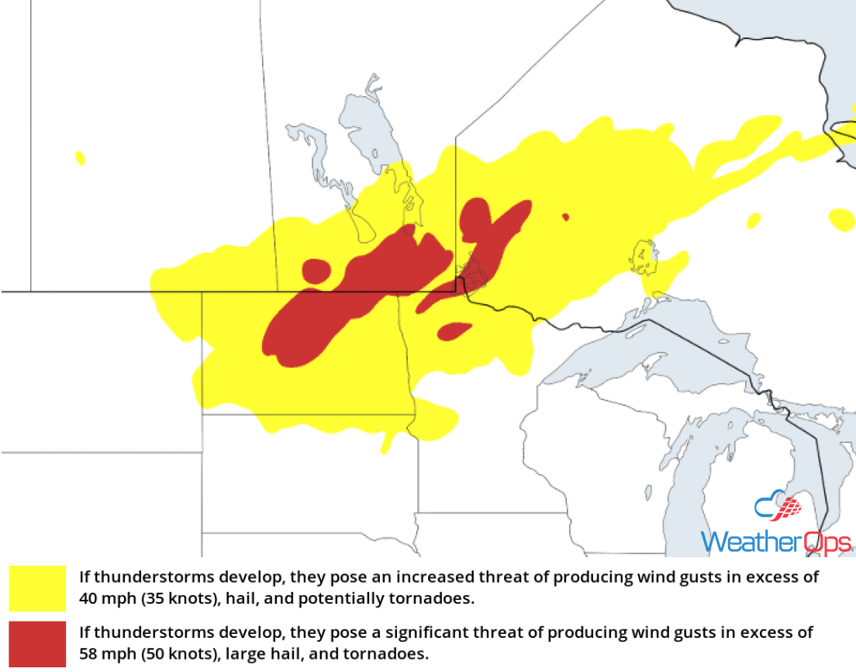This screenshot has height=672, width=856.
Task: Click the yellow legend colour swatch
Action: [x=37, y=588]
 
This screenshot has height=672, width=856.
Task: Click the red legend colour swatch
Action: [x=37, y=643]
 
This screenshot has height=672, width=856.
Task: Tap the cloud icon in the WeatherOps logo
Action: [x=778, y=508]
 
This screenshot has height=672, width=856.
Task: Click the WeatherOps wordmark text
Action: [x=776, y=541]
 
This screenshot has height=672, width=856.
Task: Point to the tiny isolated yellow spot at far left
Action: [x=80, y=158]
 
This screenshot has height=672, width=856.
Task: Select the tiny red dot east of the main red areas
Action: [x=565, y=217]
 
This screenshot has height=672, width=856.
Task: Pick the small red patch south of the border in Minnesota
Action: [x=454, y=331]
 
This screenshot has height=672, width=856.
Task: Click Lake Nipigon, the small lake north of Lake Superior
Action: [x=644, y=258]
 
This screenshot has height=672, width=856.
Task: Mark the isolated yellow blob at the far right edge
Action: [x=841, y=219]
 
